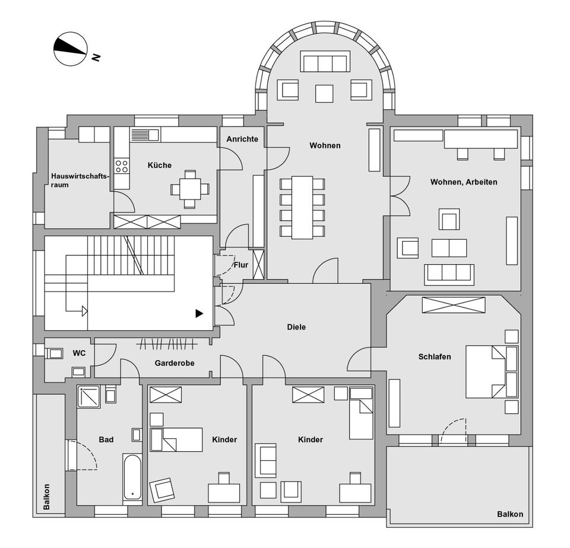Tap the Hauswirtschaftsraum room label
(x=72, y=180)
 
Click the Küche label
(x=160, y=165)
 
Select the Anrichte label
(x=242, y=139)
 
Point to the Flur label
(x=241, y=265)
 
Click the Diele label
(x=296, y=327)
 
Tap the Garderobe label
(x=175, y=363)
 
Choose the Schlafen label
(x=435, y=357)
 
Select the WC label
(x=79, y=353)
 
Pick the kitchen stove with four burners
(x=122, y=166)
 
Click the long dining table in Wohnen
(x=302, y=207)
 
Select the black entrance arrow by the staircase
(x=199, y=313)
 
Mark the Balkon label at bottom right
(x=510, y=514)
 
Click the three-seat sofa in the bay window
(x=324, y=62)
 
